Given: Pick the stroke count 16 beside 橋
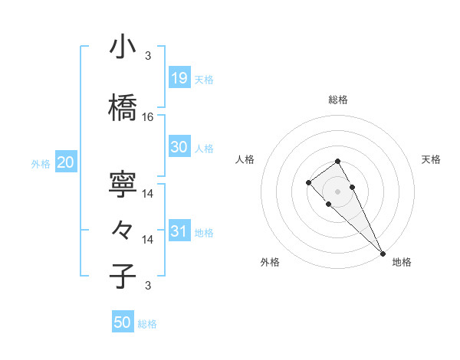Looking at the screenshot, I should click(148, 117).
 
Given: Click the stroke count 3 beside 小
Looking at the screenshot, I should click(148, 55).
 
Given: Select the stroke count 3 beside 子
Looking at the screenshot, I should click(148, 286).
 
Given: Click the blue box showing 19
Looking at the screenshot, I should click(179, 77).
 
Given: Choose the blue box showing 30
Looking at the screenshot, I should click(179, 148).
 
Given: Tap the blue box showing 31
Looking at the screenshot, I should click(179, 231).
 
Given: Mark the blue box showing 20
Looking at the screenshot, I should click(66, 162).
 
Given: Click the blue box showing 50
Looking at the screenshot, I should click(123, 322).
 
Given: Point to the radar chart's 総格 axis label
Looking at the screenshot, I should click(337, 100).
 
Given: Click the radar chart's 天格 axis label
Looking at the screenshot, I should click(431, 159).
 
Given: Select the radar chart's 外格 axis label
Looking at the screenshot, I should click(270, 263).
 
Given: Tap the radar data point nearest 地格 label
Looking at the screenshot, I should click(381, 252).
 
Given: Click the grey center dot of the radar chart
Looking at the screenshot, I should click(337, 191).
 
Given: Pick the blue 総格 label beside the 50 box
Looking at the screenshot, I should click(147, 324).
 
